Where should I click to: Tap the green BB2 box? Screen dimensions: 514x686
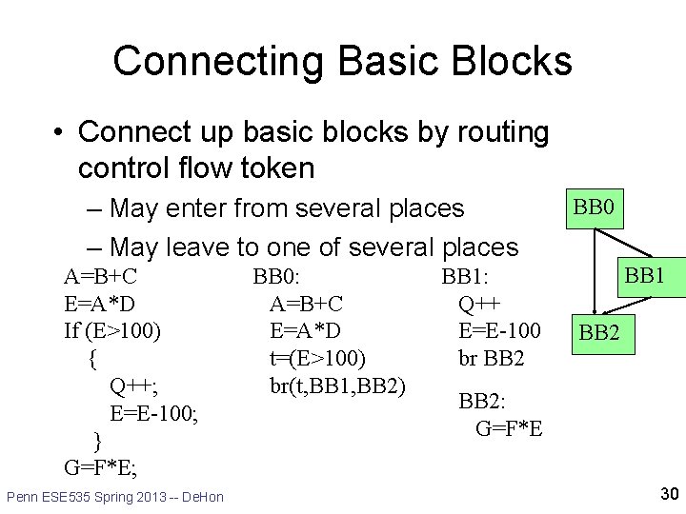pos(599,333)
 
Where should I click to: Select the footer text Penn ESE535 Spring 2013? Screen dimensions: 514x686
pos(114,497)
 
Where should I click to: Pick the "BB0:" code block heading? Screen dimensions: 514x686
pos(276,277)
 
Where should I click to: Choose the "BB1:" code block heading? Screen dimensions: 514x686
pos(465,277)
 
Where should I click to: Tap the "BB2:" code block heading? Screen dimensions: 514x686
pos(483,401)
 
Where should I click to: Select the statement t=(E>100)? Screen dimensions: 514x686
pos(318,359)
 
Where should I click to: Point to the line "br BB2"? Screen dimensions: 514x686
pos(492,359)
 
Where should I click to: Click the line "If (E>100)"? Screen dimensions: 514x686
pos(112,331)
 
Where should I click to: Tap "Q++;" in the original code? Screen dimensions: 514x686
pos(134,385)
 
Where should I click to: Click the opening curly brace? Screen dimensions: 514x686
pos(91,359)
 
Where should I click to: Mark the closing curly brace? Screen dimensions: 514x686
pos(97,440)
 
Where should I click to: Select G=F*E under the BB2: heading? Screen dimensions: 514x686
pos(509,428)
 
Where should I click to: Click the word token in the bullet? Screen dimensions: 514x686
pos(276,168)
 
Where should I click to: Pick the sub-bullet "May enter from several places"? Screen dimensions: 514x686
pos(287,208)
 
